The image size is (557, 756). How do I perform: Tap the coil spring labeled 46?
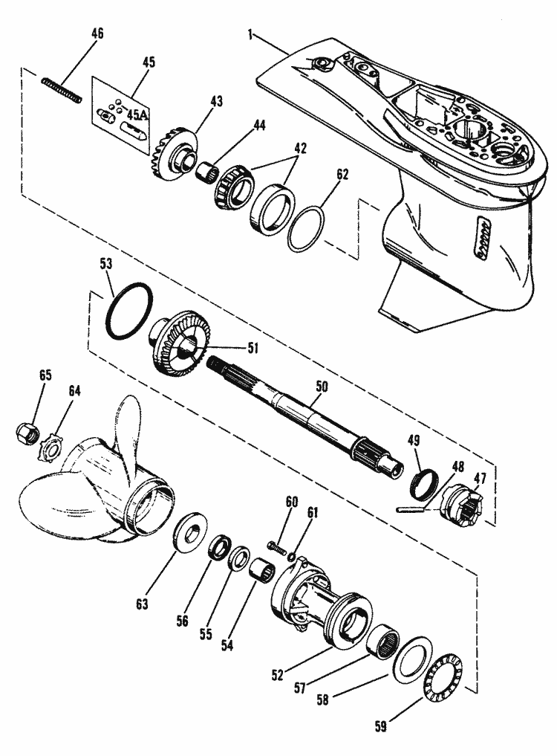pyautogui.click(x=62, y=90)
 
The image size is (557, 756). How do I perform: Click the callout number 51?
pyautogui.click(x=253, y=348)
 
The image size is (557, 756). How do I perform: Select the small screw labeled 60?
pyautogui.click(x=276, y=547)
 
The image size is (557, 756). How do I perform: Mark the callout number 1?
pyautogui.click(x=250, y=35)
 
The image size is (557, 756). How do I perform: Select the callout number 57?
pyautogui.click(x=300, y=688)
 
